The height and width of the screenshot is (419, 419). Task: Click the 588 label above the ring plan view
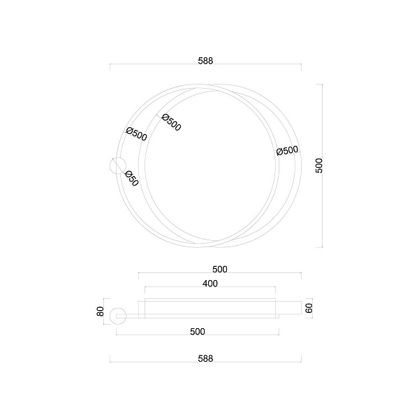click(x=205, y=61)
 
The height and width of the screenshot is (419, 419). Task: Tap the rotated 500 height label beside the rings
click(x=319, y=166)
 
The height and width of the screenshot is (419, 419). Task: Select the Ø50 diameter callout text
click(x=131, y=178)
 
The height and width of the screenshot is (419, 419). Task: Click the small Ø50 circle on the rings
click(x=118, y=166)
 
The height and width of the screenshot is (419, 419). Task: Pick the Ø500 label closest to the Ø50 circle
click(x=137, y=134)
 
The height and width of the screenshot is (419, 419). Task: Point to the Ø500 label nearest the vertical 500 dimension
click(x=287, y=150)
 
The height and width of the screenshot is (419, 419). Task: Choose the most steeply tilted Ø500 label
click(x=172, y=122)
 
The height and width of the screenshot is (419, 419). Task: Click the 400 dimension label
click(x=210, y=284)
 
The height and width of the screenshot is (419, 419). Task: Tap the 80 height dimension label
click(x=100, y=311)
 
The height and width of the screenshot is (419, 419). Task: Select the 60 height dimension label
click(x=309, y=308)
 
